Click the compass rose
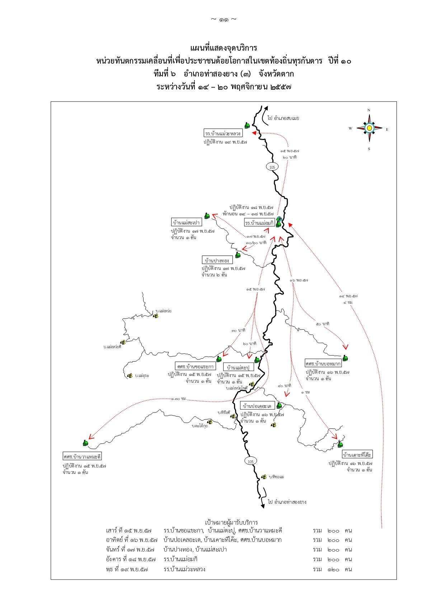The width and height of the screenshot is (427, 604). tap(369, 128)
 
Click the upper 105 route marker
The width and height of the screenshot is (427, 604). tap(272, 167)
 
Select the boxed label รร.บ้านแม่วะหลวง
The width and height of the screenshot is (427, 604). tap(223, 133)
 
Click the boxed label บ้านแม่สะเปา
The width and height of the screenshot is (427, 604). tap(187, 222)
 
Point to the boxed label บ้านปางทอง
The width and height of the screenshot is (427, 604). tap(217, 260)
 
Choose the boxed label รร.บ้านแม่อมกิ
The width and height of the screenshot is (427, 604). tap(259, 223)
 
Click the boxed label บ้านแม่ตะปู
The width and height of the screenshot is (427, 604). tap(239, 367)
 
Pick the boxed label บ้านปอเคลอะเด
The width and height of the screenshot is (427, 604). tap(257, 406)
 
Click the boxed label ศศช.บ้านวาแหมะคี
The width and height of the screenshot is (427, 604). tap(82, 456)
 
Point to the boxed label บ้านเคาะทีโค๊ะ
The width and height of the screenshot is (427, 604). tap(357, 454)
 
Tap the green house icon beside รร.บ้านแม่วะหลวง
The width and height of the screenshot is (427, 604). tap(247, 125)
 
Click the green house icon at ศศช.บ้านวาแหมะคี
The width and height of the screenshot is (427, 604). tap(85, 443)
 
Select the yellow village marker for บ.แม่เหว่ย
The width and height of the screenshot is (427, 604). tap(156, 316)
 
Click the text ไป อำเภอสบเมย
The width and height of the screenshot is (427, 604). tap(283, 118)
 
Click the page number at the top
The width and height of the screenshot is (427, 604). tap(223, 19)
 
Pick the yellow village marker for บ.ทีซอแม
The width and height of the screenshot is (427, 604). tap(264, 477)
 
